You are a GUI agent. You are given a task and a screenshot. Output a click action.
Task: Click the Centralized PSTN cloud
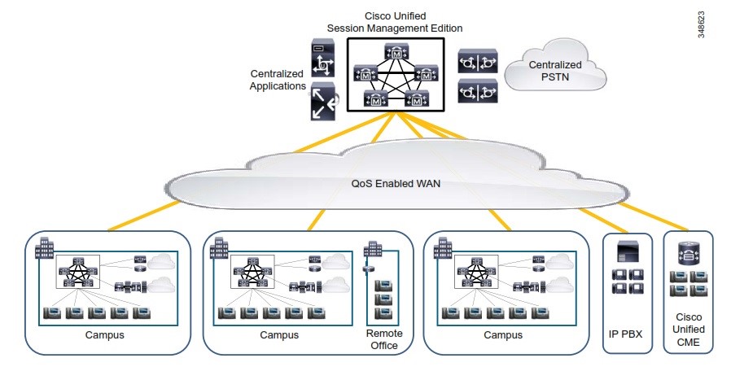(x=555, y=72)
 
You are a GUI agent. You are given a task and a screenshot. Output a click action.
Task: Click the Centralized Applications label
(x=278, y=79)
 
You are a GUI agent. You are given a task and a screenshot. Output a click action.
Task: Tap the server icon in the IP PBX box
(x=626, y=252)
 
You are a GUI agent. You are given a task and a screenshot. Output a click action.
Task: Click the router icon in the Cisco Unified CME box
(x=689, y=255)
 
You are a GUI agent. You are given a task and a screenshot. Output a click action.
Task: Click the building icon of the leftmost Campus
(x=42, y=248)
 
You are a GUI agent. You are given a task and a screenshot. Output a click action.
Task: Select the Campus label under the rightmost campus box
(x=503, y=334)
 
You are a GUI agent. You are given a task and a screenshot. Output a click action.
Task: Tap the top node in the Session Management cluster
(x=395, y=53)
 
